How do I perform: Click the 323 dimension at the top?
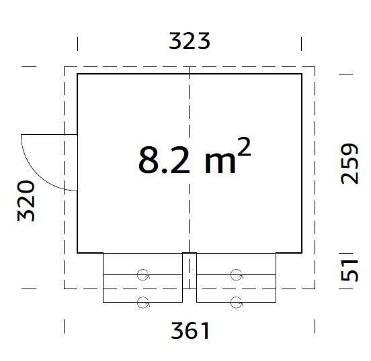[190, 41]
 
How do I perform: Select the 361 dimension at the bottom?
[190, 330]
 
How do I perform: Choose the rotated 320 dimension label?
[26, 200]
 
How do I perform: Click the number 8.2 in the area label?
[164, 160]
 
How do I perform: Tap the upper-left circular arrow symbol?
[142, 274]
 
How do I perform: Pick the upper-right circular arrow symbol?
[235, 274]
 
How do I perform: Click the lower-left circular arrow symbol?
[142, 302]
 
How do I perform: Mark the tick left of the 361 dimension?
[65, 327]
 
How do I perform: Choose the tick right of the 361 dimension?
[315, 327]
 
